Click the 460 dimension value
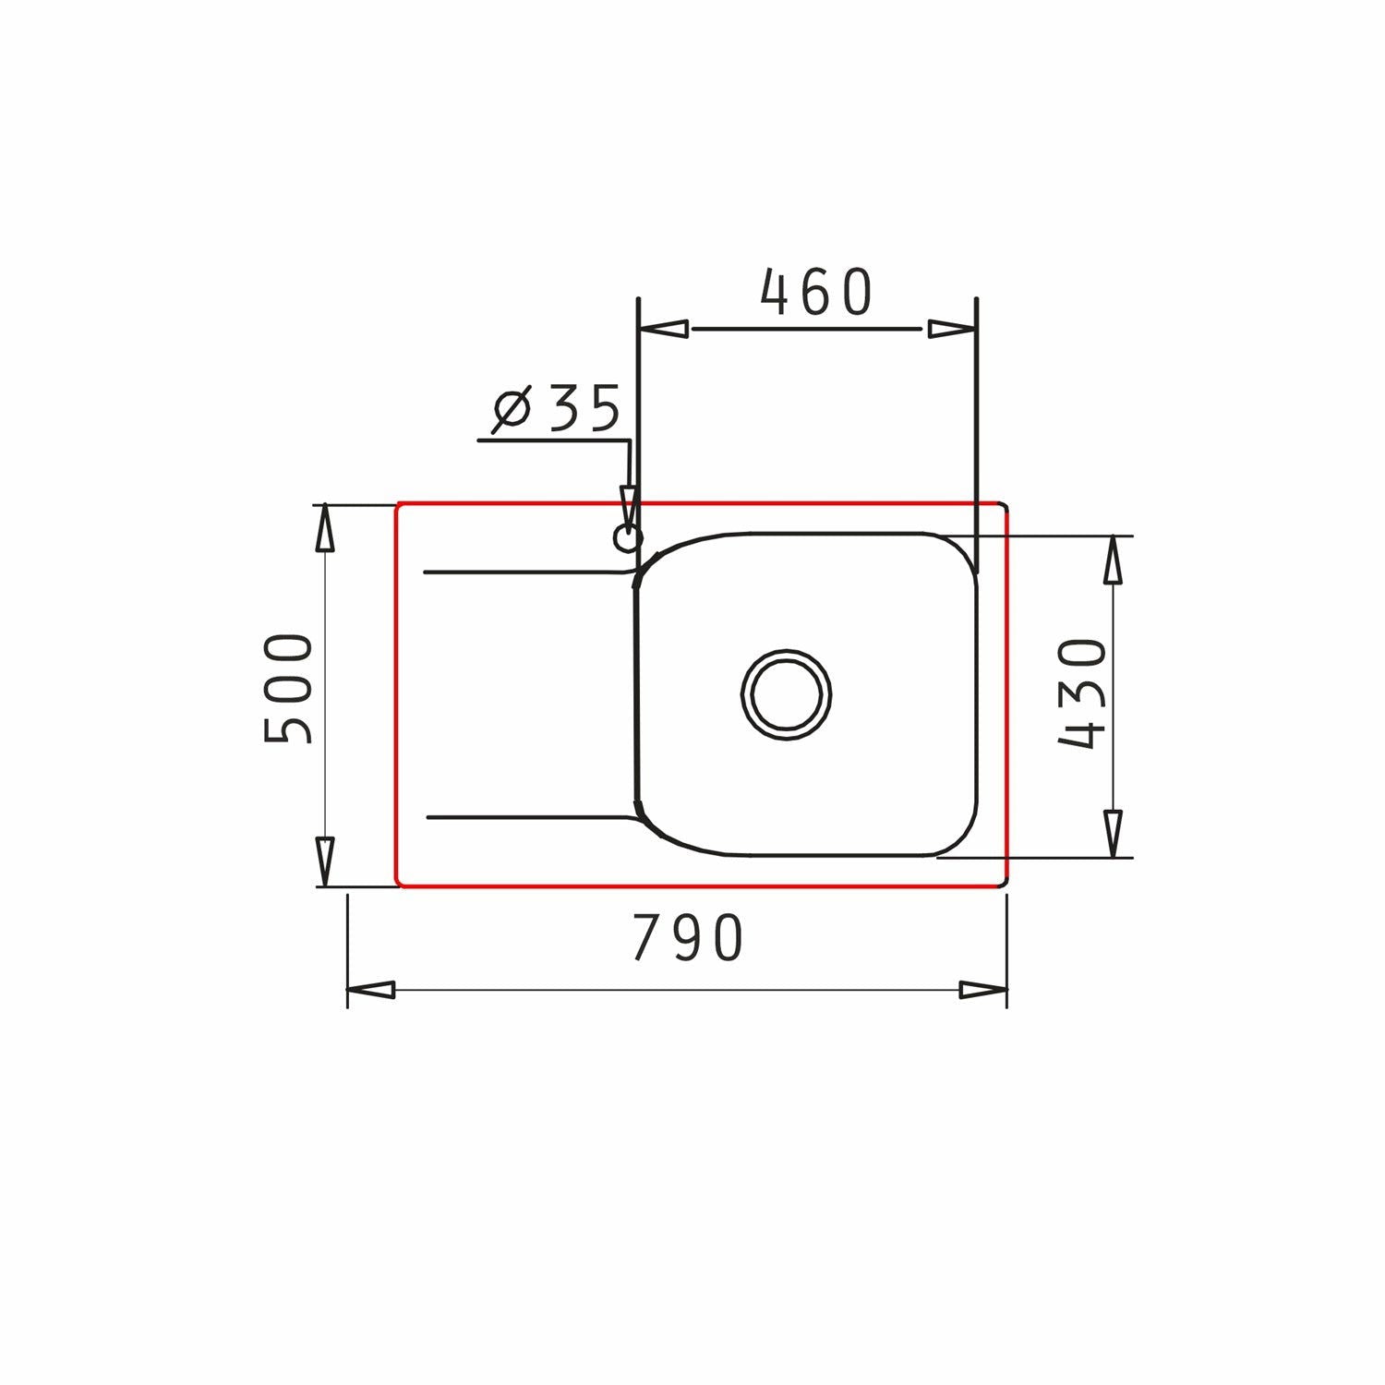[816, 293]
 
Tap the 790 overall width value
[688, 938]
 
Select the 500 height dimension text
[289, 688]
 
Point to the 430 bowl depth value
[1081, 693]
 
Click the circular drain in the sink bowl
[786, 694]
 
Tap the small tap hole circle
[627, 537]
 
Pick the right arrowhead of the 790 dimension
[982, 990]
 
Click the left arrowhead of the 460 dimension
[665, 329]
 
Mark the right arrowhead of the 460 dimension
[951, 329]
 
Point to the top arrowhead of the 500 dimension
[324, 530]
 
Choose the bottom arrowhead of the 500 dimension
[324, 861]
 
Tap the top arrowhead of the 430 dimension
[1114, 560]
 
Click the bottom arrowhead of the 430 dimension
[1114, 833]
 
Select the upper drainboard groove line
[526, 572]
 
